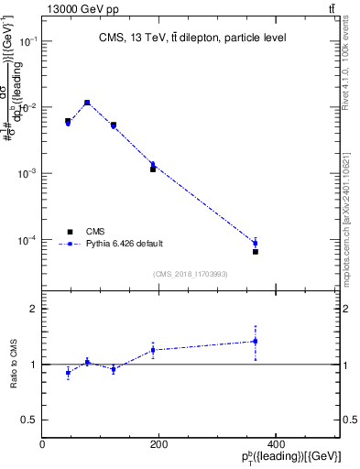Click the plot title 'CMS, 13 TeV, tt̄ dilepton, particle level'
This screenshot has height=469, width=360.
(192, 38)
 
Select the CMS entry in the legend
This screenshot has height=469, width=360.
(94, 232)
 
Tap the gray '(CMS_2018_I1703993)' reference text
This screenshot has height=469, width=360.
(191, 273)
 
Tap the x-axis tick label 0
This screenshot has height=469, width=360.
(43, 444)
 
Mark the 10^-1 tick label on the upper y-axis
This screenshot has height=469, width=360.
(27, 41)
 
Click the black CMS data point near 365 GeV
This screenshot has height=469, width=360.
(256, 251)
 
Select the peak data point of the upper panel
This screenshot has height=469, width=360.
(87, 103)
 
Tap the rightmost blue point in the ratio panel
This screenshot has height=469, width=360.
(256, 341)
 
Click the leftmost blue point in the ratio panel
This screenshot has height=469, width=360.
(68, 372)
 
